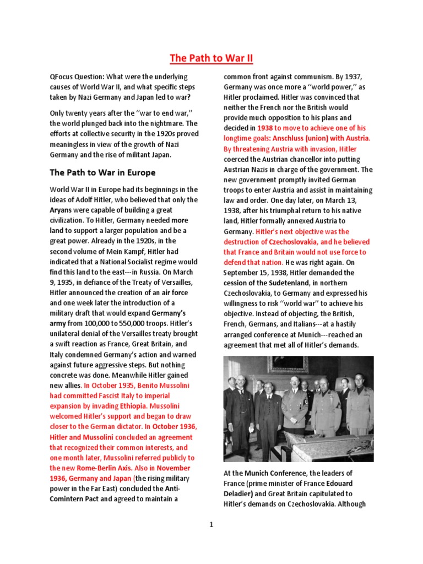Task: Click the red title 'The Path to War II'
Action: pos(211,58)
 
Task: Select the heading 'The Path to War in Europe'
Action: pos(102,172)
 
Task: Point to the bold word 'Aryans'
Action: pos(63,210)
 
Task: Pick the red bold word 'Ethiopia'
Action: pos(127,406)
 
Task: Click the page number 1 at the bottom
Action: pos(211,525)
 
